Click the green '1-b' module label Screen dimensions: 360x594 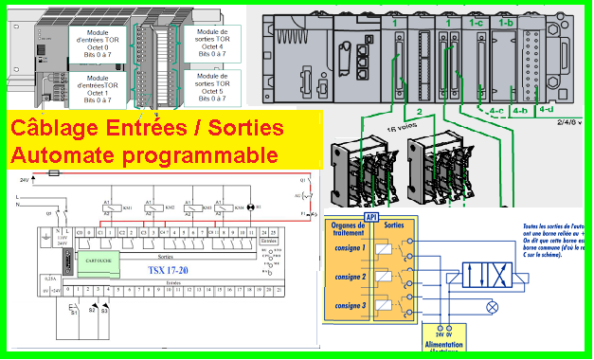pos(507,21)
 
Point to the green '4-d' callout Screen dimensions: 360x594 pos(546,108)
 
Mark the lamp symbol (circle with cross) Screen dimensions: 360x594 pos(492,307)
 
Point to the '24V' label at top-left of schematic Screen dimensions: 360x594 pos(25,177)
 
